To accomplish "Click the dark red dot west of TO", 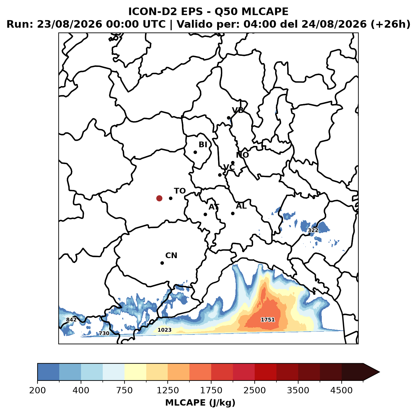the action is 159,198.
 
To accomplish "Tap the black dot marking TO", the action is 171,198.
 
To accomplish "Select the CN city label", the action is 171,256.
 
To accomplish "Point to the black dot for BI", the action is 195,152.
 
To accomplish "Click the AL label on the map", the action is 241,206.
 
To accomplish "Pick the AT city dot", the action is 205,214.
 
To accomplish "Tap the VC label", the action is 229,167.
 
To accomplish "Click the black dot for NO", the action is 233,163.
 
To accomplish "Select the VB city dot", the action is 229,118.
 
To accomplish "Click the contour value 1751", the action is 268,320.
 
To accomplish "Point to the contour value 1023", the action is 165,330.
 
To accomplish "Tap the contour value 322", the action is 313,230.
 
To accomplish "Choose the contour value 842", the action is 71,320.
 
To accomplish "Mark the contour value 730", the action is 104,333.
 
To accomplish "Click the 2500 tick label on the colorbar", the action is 254,390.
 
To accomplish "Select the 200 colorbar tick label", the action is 38,390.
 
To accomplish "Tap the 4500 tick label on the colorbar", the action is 341,390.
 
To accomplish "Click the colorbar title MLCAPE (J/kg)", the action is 200,403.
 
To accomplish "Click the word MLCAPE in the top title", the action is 265,11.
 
